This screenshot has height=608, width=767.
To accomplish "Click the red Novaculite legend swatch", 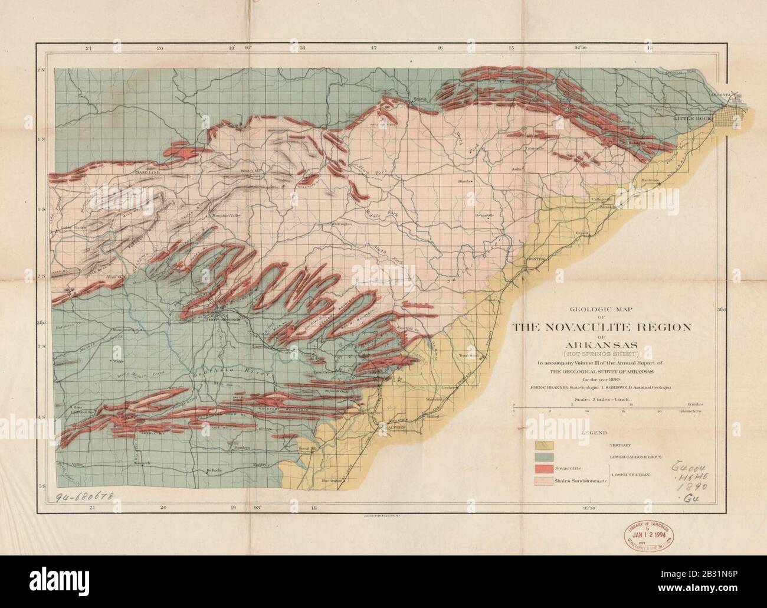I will (x=543, y=469).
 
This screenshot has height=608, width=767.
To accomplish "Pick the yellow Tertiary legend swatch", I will (x=543, y=444).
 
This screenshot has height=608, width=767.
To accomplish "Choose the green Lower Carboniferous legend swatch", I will (x=543, y=456).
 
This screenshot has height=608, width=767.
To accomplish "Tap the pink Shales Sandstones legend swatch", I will (x=543, y=481).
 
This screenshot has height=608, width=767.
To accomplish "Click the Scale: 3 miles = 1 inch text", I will (x=597, y=400).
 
